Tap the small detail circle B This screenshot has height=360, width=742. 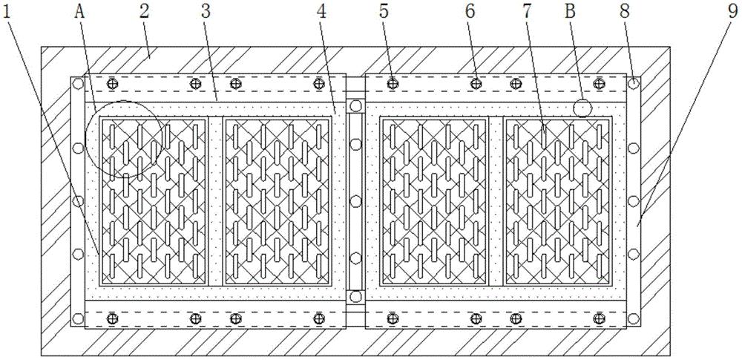click(582, 109)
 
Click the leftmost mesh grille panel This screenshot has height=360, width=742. click(154, 201)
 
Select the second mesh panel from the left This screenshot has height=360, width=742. click(277, 201)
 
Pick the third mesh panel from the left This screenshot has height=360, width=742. click(433, 201)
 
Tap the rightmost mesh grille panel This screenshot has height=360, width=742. click(556, 201)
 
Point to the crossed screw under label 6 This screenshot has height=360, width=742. click(476, 83)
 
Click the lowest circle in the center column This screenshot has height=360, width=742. click(355, 297)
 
